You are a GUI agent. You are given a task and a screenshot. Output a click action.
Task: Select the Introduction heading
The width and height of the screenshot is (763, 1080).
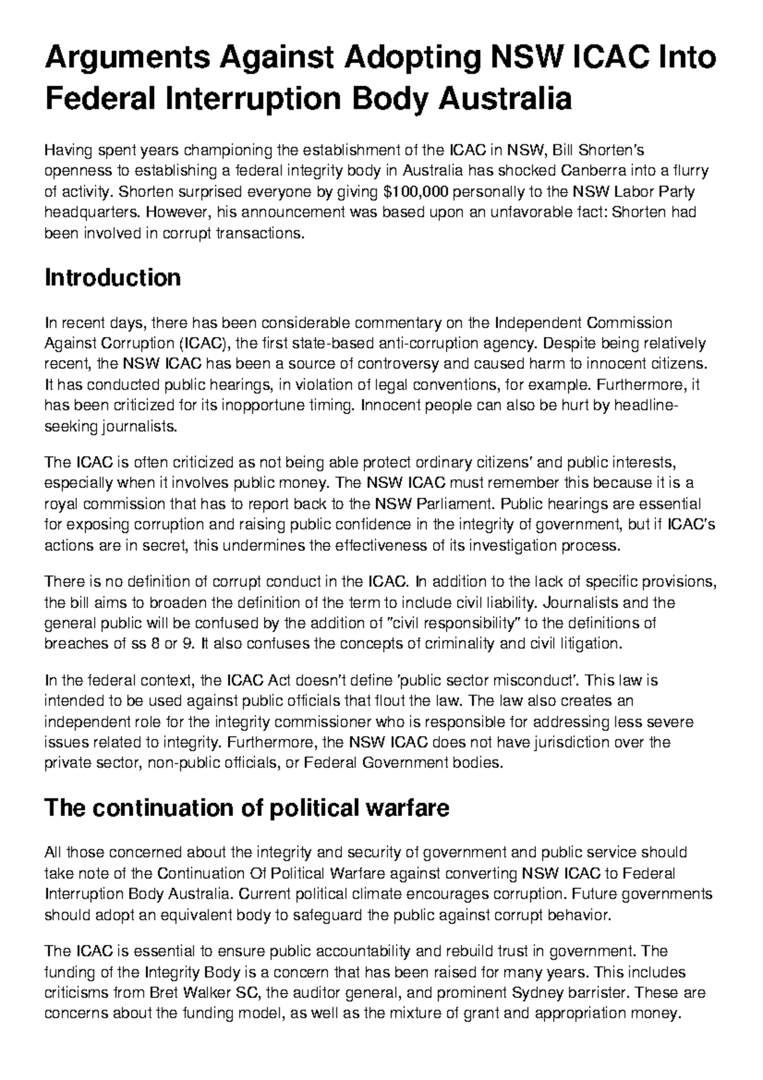click(x=112, y=278)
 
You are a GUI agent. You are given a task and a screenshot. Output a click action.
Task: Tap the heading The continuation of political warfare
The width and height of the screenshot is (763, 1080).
click(x=246, y=808)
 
